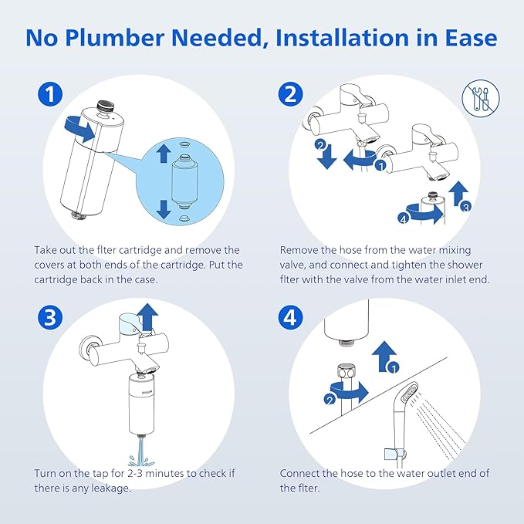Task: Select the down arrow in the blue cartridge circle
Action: point(162,208)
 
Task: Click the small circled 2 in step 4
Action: point(330,399)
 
